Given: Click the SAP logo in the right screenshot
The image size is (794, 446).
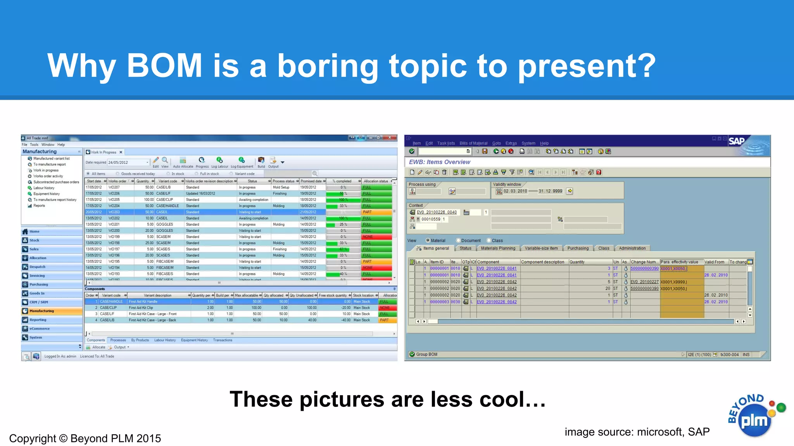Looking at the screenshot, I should tap(736, 141).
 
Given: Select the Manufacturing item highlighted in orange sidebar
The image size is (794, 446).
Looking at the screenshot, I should tap(42, 311).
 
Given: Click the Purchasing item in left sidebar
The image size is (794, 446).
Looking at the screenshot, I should tap(39, 285).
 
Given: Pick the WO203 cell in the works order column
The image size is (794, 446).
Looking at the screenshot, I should tap(114, 212).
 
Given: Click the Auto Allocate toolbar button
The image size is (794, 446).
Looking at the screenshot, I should tap(183, 163).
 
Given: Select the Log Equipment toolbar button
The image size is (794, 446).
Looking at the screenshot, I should tap(242, 163).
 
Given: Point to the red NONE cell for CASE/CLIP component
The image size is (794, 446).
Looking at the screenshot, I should tap(386, 308).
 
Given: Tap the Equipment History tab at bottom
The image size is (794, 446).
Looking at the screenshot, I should tap(194, 340).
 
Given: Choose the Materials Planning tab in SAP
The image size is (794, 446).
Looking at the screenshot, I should tap(498, 249).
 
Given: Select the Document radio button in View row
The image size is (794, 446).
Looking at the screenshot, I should tap(458, 240).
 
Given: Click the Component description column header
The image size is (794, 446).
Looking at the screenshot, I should tap(542, 262).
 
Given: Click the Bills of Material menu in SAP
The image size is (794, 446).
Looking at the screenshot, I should tap(473, 143).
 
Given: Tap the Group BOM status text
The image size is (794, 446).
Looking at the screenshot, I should tap(426, 354).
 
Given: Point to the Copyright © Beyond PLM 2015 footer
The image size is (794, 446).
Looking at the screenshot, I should tap(85, 438).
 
